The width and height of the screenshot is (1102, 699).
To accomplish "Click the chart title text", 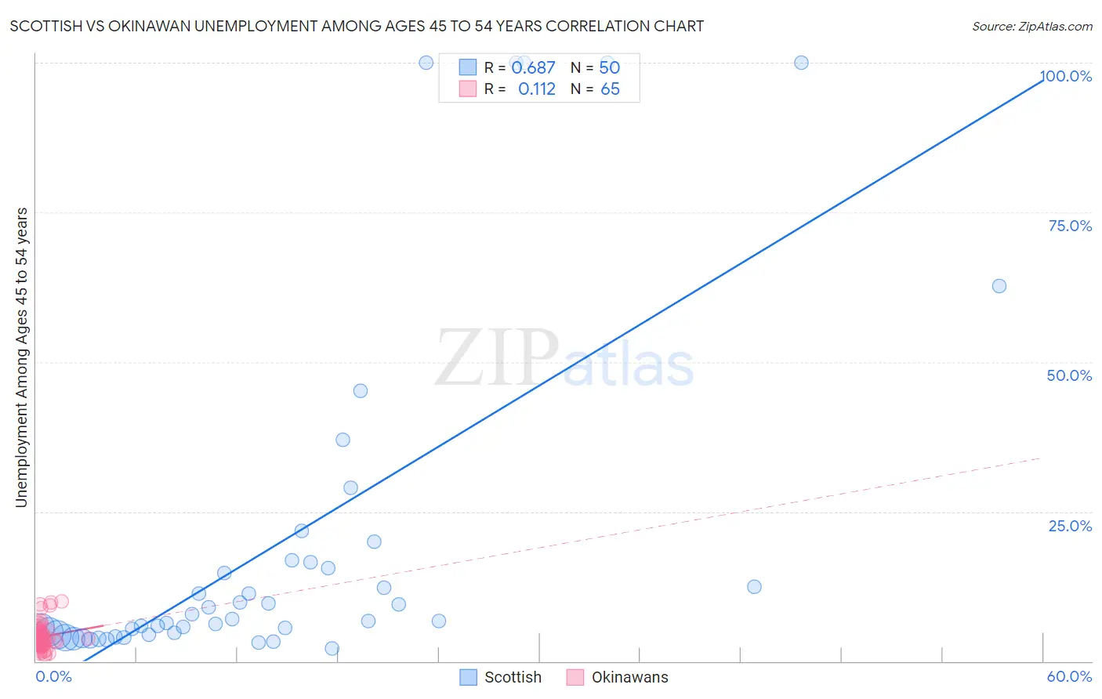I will pos(357,26).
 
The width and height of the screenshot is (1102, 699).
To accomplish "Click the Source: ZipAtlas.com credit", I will pos(1031,26).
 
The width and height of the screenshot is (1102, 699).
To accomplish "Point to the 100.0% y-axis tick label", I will pos(1066,76).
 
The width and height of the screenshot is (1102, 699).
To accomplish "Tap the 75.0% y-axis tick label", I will pos(1070,226).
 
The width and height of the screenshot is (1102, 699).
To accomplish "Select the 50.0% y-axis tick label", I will pos(1069,375).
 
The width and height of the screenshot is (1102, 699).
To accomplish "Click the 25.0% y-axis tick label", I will pos(1070,526).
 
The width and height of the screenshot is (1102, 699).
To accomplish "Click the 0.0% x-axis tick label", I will pos(53,676).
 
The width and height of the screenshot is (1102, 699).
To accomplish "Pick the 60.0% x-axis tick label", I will pos(1069,676).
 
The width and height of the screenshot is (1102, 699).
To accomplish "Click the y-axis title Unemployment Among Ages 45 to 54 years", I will pos(21,357).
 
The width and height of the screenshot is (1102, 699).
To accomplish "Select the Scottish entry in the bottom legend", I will pos(513,677).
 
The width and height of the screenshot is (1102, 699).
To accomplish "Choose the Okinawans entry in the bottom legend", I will pos(629,677).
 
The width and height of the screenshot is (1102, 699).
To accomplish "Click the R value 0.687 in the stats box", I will pos(533,68).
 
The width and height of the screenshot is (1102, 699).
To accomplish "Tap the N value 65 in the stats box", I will pos(610,89).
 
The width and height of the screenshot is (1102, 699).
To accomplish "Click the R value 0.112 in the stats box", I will pos(536,89).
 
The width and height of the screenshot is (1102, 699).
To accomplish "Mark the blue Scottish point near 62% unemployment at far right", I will pos(999,286).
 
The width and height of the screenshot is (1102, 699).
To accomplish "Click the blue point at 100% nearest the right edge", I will pos(801,63).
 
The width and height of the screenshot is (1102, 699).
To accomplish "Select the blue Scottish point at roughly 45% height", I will pos(361,391).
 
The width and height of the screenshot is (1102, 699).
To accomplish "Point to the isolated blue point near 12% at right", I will pos(754,587).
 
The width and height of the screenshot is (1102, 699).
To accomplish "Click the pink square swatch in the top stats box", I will pos(467,89).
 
